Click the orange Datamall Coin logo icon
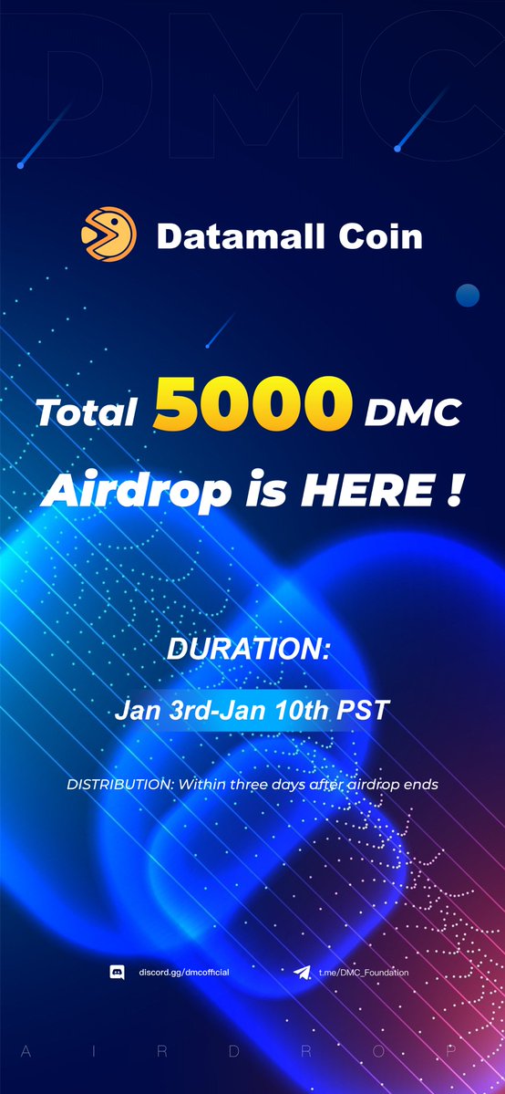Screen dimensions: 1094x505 pyautogui.click(x=108, y=235)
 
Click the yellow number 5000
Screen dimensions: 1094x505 pyautogui.click(x=254, y=406)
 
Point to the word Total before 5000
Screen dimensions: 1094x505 pyautogui.click(x=87, y=413)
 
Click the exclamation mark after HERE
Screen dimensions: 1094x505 pyautogui.click(x=453, y=493)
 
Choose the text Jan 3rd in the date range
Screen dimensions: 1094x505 pyautogui.click(x=150, y=711)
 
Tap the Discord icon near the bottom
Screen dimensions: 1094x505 pyautogui.click(x=117, y=973)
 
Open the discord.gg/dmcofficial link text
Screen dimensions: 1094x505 pyautogui.click(x=183, y=973)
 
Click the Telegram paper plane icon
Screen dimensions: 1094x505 pyautogui.click(x=302, y=973)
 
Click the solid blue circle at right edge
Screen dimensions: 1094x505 pyautogui.click(x=468, y=295)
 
